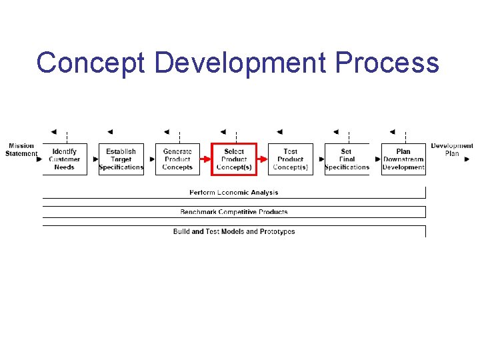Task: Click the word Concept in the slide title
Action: [x=92, y=63]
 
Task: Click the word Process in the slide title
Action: [x=387, y=63]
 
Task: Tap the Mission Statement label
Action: [x=21, y=150]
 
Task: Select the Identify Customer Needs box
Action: [x=65, y=159]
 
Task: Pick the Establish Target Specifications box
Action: [x=121, y=159]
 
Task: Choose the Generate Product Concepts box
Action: [x=177, y=159]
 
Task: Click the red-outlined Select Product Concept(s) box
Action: [x=234, y=159]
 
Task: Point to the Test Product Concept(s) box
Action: [x=291, y=159]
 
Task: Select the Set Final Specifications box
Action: [x=347, y=159]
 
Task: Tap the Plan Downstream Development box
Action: [x=403, y=159]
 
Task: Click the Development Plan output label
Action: [x=452, y=149]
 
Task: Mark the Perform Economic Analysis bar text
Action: [x=233, y=193]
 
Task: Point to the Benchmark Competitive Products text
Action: [x=233, y=212]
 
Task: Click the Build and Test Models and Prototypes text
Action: [x=233, y=231]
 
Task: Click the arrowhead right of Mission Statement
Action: [x=39, y=159]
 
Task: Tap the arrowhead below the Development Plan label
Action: [x=467, y=159]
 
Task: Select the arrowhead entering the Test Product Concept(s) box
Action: [x=265, y=159]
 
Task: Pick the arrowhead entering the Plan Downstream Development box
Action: [x=379, y=159]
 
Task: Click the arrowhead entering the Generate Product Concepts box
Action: [x=153, y=159]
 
